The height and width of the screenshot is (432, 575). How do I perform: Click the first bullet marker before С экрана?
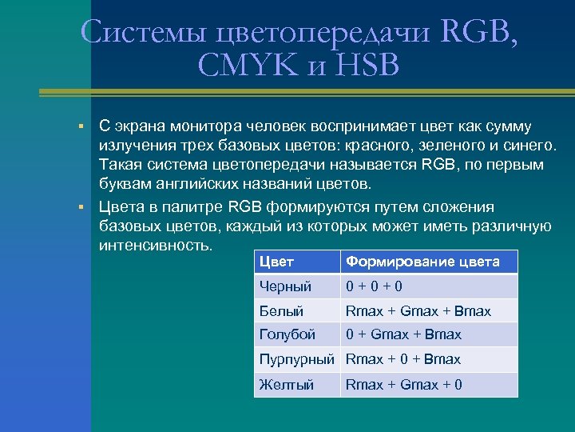click(81, 127)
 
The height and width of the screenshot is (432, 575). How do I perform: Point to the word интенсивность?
click(155, 245)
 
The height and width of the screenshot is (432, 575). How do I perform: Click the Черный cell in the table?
click(285, 286)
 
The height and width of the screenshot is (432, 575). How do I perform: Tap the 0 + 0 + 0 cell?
click(373, 286)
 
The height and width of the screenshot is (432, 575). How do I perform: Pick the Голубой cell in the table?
click(287, 334)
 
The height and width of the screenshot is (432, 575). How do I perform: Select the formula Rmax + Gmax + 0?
click(403, 385)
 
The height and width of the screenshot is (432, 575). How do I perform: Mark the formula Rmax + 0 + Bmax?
click(402, 359)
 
